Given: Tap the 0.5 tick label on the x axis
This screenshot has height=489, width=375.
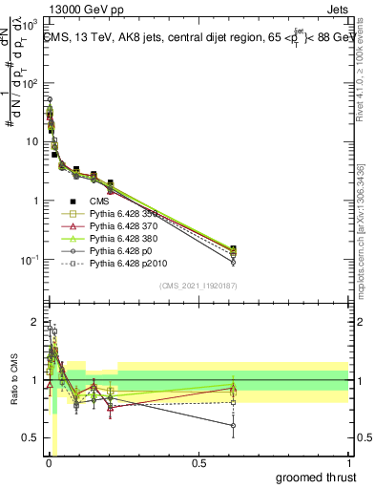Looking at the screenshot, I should tap(198, 463).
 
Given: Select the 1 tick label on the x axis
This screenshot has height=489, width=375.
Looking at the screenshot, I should tap(348, 463).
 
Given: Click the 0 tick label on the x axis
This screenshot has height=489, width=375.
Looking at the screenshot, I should tap(49, 463).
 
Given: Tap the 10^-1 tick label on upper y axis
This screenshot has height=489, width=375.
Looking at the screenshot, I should tap(31, 260).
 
